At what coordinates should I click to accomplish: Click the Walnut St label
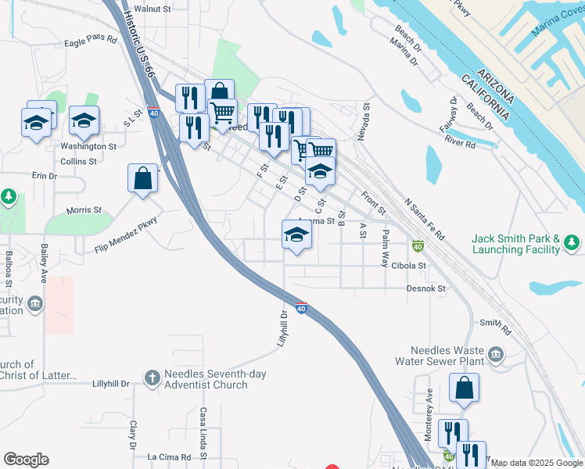point(153,9)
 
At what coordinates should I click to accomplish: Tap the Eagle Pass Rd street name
point(90,42)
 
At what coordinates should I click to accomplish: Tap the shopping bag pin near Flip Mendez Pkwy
point(144,177)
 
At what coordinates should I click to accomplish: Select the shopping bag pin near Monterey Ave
point(464,388)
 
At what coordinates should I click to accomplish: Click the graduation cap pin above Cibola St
point(296,234)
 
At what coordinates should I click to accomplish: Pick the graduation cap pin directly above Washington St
point(84,121)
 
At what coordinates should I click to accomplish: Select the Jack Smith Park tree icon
point(572,244)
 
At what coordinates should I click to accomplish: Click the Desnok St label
point(425,288)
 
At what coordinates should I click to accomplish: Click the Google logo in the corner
point(26,460)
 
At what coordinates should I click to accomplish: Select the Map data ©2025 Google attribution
point(537,463)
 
